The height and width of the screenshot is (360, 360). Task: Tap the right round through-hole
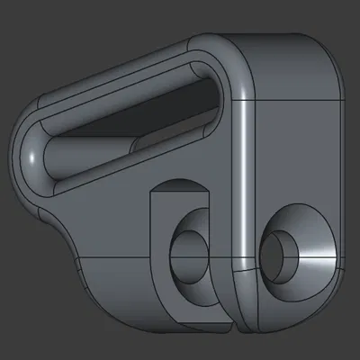pos(282,250)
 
